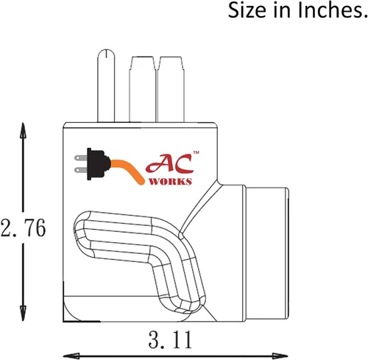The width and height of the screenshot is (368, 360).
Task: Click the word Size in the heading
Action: (x=247, y=10)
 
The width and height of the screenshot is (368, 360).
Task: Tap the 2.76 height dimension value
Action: (x=23, y=227)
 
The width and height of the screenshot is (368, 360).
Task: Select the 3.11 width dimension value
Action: (x=170, y=339)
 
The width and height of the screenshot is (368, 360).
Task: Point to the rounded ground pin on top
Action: (x=106, y=85)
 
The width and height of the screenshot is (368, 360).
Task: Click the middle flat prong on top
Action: (x=142, y=89)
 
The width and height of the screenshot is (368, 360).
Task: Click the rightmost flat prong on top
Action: (x=171, y=89)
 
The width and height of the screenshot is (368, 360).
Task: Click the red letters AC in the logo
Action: (x=169, y=163)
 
